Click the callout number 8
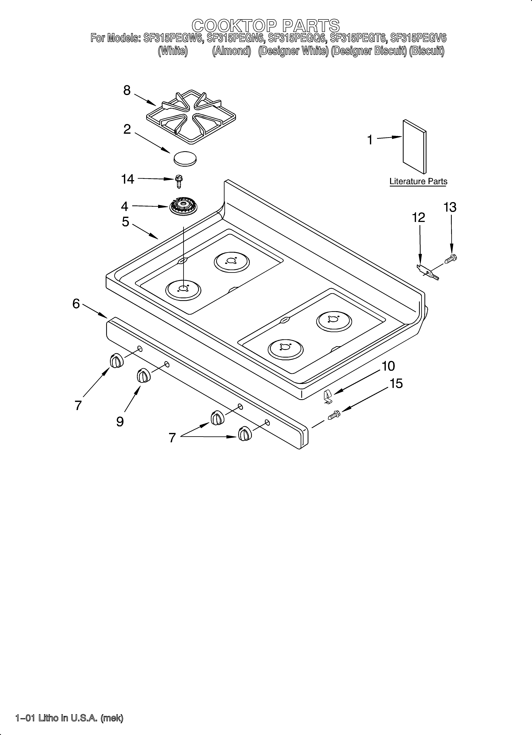point(127,90)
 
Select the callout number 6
point(76,304)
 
